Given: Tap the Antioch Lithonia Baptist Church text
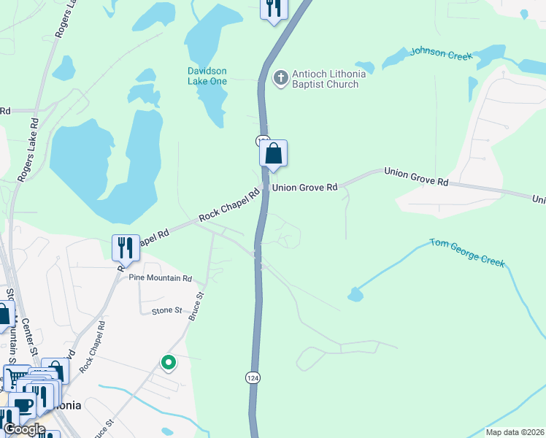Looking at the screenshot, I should [325, 79].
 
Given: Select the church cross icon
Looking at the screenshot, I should [280, 77].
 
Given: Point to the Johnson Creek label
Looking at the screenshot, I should [441, 53].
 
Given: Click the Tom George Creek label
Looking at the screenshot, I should [467, 252].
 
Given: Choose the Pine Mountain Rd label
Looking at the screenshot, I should [160, 278].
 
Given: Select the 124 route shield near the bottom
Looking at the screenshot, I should [253, 377].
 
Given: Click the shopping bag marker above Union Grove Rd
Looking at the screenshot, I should [273, 155].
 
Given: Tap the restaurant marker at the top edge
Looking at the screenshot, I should [274, 8].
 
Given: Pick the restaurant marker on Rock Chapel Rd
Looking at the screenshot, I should [126, 248].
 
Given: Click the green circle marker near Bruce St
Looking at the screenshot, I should [169, 362].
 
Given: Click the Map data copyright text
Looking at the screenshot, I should [514, 432].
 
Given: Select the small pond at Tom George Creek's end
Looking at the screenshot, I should [355, 294].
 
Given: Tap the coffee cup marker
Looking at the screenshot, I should [23, 406].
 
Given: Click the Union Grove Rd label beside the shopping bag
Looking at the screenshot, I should [304, 188].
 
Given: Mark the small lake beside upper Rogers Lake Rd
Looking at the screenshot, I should [64, 68].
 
